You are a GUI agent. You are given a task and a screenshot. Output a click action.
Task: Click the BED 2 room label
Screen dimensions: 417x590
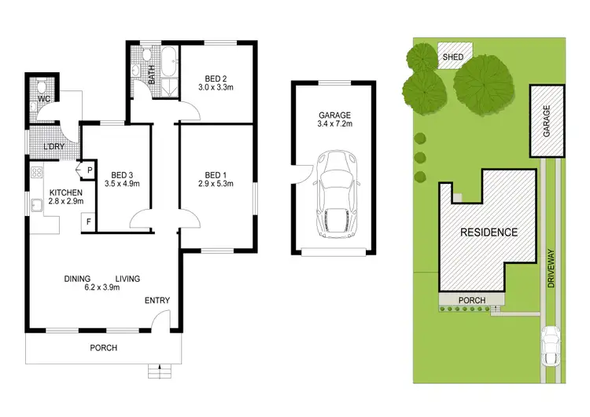pos(216,79)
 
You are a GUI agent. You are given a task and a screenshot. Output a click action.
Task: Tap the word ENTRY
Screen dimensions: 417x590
pos(157,301)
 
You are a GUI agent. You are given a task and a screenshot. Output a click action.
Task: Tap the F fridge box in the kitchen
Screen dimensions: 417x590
pos(88,223)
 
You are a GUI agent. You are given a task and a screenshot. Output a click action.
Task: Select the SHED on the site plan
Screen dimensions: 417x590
pos(452,57)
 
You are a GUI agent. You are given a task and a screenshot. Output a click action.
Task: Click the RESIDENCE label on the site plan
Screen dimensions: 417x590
pos(489,232)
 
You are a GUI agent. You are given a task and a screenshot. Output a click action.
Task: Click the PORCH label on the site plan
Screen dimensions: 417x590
pos(471,301)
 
